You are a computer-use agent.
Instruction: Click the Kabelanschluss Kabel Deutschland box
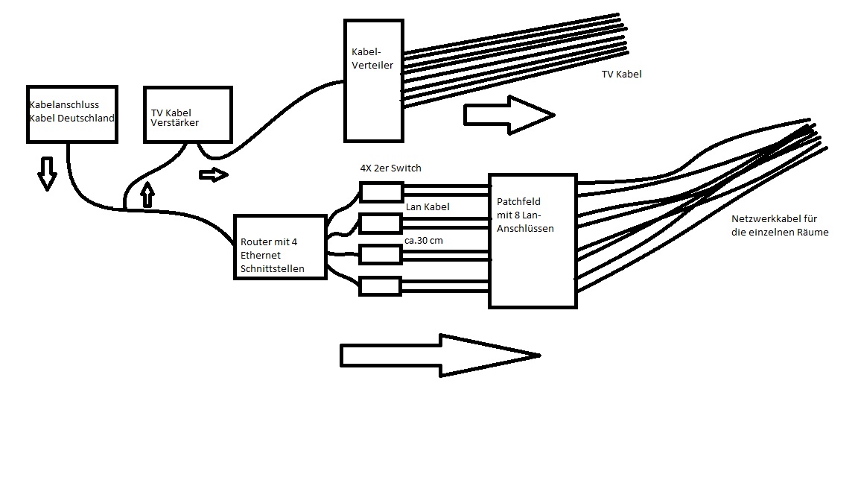click(71, 112)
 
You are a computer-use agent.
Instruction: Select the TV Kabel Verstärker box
click(187, 114)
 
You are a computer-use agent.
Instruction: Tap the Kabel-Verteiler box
click(372, 80)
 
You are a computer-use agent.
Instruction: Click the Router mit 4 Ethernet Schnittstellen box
click(280, 247)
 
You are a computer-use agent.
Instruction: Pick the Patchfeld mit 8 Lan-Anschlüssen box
click(532, 240)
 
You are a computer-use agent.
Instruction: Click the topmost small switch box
click(381, 192)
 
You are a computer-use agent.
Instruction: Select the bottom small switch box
click(381, 285)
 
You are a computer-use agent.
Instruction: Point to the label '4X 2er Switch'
click(390, 168)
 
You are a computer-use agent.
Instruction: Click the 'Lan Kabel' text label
click(428, 206)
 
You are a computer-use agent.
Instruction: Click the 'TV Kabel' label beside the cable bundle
click(621, 75)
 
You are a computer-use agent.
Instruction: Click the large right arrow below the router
click(439, 355)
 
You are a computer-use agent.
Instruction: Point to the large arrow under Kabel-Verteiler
click(509, 114)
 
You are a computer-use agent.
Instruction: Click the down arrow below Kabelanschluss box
click(47, 173)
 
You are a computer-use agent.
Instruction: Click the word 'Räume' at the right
click(813, 233)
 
